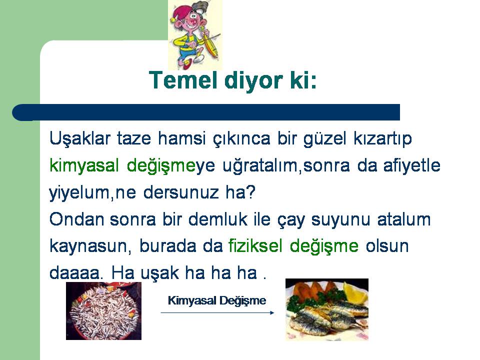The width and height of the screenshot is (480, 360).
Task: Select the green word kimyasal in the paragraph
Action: (84, 166)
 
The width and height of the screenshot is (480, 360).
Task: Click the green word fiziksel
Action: (255, 246)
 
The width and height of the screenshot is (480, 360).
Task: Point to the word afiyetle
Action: (411, 165)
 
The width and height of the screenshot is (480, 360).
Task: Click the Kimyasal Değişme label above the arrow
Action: (216, 300)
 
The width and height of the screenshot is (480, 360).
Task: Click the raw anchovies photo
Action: (104, 310)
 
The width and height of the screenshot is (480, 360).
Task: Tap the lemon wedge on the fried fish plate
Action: (355, 293)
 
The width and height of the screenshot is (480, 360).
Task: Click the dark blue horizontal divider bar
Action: (206, 112)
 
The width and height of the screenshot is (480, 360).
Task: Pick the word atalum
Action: (404, 219)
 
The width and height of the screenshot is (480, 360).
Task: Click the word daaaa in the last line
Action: (75, 273)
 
